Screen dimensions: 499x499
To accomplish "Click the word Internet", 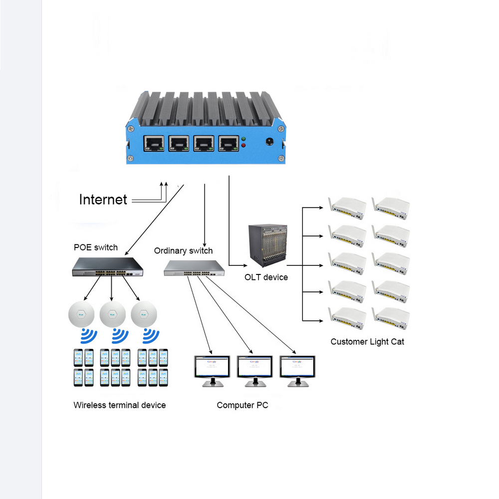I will click(x=103, y=200).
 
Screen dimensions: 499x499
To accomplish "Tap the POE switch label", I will click(x=96, y=247).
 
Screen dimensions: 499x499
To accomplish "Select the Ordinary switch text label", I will click(x=183, y=250).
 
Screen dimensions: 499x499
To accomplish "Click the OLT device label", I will click(x=266, y=277).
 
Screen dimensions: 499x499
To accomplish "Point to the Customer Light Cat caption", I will click(x=367, y=342).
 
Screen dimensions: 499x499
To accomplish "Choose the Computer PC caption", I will click(x=242, y=405).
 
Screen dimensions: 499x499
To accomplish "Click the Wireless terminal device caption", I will click(x=119, y=405).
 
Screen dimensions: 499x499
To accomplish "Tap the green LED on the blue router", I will click(x=243, y=139).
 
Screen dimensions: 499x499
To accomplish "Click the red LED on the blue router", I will click(x=243, y=146).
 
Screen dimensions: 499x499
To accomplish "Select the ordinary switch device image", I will click(x=195, y=268).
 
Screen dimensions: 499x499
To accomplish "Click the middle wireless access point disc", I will click(x=112, y=314).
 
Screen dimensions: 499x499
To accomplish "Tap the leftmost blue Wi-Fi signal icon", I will click(x=88, y=336).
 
